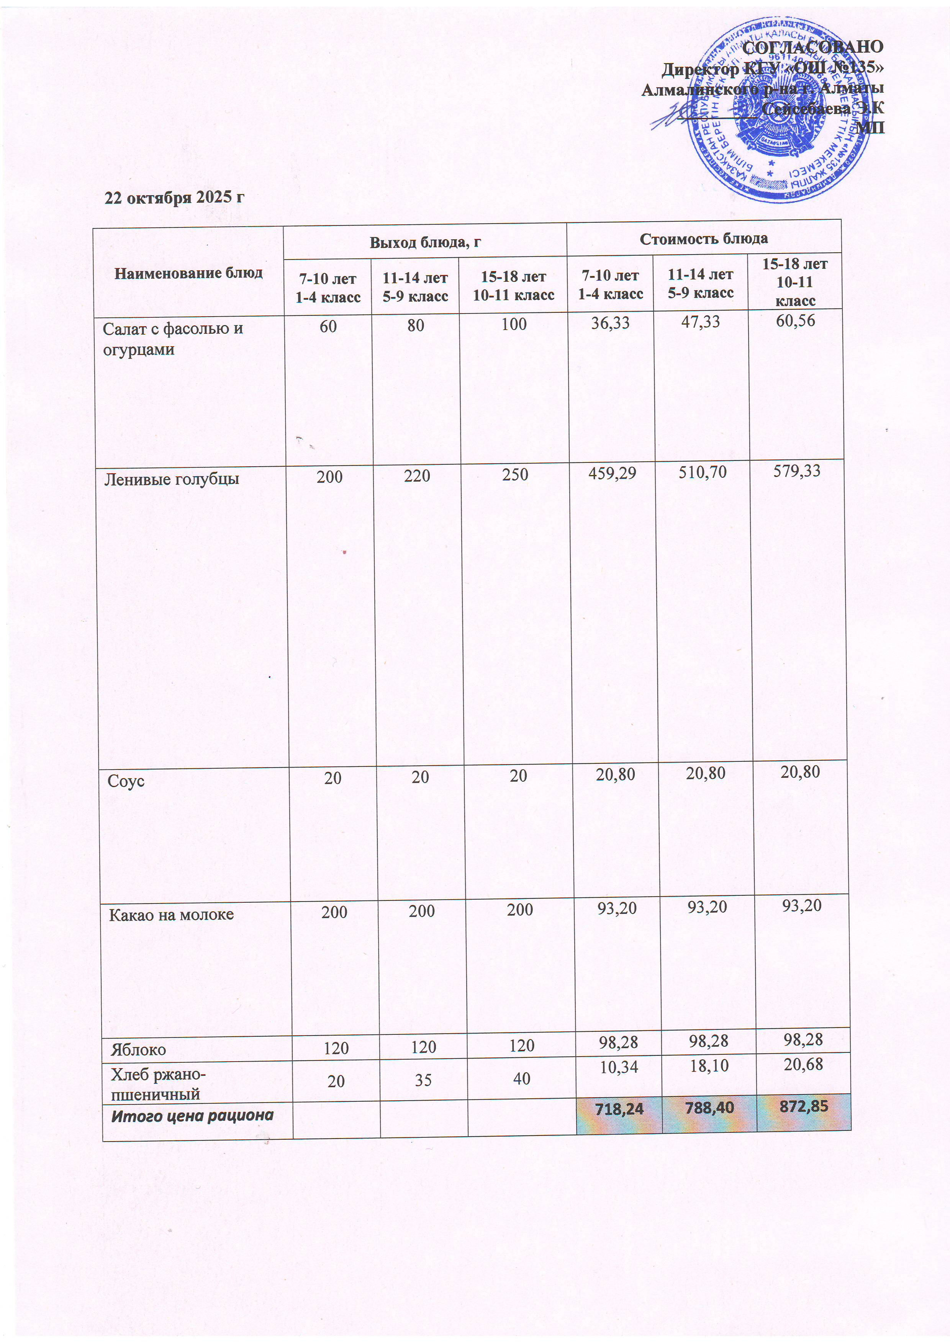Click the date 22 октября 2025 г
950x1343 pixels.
(174, 198)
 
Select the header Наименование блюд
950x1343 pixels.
(188, 273)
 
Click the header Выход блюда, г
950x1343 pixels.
(425, 242)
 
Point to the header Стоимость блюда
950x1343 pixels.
(704, 239)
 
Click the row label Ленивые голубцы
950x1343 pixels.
(172, 480)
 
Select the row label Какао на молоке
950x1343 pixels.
(172, 914)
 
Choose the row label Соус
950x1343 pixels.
(126, 781)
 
